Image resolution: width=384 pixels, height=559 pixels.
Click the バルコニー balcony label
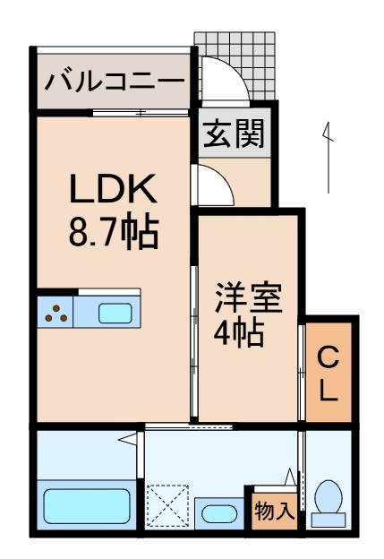coord(115,82)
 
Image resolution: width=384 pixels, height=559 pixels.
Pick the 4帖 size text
coord(238,333)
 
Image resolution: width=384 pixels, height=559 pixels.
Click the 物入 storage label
coord(274,512)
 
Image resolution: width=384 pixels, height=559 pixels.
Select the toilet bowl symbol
coord(329,502)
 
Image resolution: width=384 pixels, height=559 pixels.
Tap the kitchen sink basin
coord(115,313)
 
